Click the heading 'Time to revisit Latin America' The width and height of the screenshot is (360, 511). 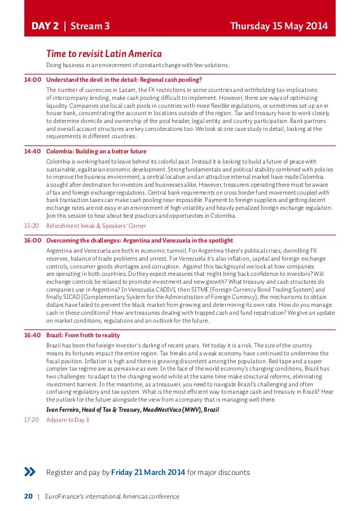click(x=104, y=54)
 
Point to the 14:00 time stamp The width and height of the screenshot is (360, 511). click(x=32, y=80)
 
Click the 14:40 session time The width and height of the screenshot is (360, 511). click(x=32, y=151)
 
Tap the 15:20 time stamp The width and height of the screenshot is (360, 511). click(x=32, y=226)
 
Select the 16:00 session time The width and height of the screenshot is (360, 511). click(x=32, y=240)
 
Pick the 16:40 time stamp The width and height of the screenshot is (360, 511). click(x=32, y=335)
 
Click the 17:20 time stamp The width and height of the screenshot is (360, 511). click(x=32, y=420)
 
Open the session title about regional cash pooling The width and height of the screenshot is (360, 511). click(x=124, y=80)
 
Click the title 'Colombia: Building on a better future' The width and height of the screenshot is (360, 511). click(x=96, y=151)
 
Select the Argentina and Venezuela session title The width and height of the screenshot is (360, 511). click(x=139, y=240)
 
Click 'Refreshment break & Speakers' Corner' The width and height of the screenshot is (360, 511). click(x=96, y=226)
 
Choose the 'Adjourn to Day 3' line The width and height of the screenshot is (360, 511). click(x=68, y=420)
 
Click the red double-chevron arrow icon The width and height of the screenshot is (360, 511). click(x=30, y=472)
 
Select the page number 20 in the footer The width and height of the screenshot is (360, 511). click(x=28, y=496)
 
